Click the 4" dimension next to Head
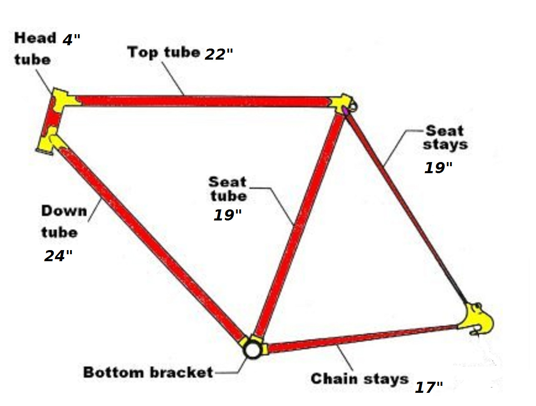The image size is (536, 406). pyautogui.click(x=71, y=39)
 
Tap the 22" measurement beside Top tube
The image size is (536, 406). pyautogui.click(x=219, y=54)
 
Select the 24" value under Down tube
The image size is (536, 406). pyautogui.click(x=58, y=256)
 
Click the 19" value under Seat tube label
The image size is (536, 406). pyautogui.click(x=227, y=215)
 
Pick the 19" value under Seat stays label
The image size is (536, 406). pyautogui.click(x=438, y=167)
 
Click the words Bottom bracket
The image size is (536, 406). pyautogui.click(x=148, y=372)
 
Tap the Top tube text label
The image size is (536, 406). pyautogui.click(x=163, y=53)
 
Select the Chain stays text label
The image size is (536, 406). pyautogui.click(x=359, y=379)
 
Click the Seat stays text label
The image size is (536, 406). pyautogui.click(x=445, y=138)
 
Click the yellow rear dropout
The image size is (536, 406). pyautogui.click(x=476, y=319)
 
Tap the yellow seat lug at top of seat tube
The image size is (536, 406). pyautogui.click(x=341, y=103)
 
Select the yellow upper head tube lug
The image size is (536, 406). pyautogui.click(x=64, y=100)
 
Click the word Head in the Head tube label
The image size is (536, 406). pyautogui.click(x=35, y=38)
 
